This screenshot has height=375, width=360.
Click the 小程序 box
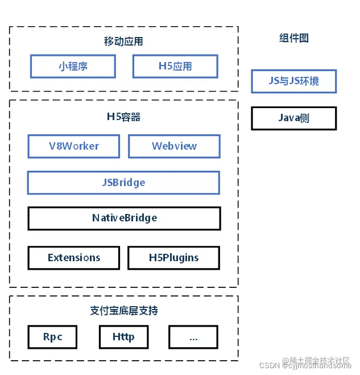[73, 66]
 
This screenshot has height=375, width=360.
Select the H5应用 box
[175, 66]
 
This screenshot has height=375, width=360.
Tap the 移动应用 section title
[123, 41]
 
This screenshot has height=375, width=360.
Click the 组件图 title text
[294, 38]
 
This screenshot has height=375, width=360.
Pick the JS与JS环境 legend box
[294, 81]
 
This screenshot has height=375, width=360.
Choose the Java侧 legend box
[294, 118]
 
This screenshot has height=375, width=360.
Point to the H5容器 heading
[123, 117]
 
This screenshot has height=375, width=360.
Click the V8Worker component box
[73, 146]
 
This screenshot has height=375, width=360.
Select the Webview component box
[174, 146]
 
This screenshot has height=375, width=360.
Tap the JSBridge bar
[123, 183]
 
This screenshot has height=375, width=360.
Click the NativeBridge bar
[124, 218]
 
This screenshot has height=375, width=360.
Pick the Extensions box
[73, 258]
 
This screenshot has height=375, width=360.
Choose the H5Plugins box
[173, 258]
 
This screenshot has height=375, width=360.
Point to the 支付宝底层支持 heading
[123, 311]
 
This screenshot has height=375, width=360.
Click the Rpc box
[53, 337]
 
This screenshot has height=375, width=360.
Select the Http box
[123, 337]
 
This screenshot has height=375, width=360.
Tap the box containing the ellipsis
[193, 337]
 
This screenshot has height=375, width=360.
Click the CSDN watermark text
[272, 366]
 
